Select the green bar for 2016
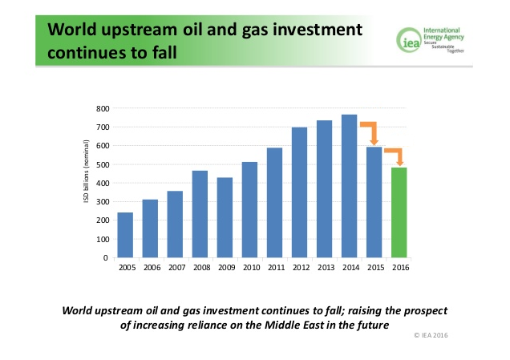(x=399, y=212)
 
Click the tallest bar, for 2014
(x=350, y=186)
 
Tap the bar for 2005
(x=126, y=235)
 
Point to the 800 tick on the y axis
(x=103, y=108)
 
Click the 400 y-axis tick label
(x=103, y=183)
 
